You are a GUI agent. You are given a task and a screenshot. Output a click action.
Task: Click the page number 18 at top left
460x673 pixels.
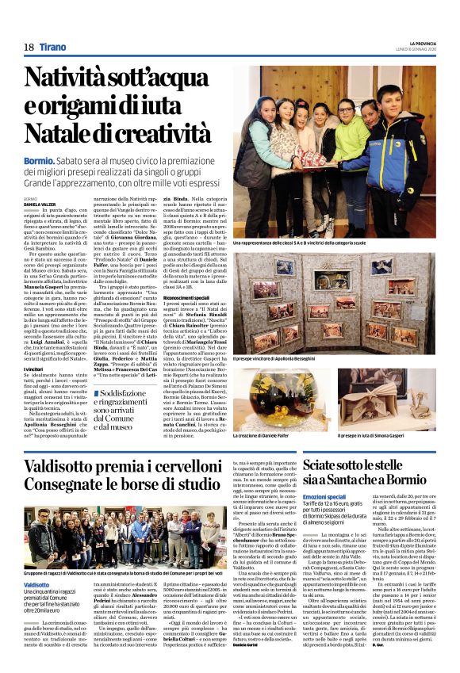click(28, 48)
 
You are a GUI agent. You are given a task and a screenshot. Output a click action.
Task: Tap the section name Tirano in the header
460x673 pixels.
click(52, 48)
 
